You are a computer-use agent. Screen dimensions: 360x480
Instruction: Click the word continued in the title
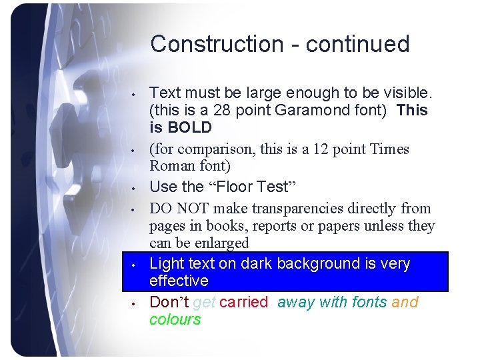tap(358, 44)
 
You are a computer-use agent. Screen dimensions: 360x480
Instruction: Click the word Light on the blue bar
tap(167, 263)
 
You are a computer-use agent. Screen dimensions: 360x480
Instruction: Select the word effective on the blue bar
tap(179, 281)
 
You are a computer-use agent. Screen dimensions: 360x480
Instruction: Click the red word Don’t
tap(169, 302)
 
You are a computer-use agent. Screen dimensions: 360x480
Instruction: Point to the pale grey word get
tap(204, 302)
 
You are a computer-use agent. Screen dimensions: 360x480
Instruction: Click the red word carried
tap(243, 302)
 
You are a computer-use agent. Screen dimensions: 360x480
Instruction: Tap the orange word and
tap(405, 302)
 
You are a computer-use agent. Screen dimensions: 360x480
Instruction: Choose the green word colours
tap(175, 319)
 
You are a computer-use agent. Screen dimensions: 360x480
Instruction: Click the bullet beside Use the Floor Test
tap(133, 187)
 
